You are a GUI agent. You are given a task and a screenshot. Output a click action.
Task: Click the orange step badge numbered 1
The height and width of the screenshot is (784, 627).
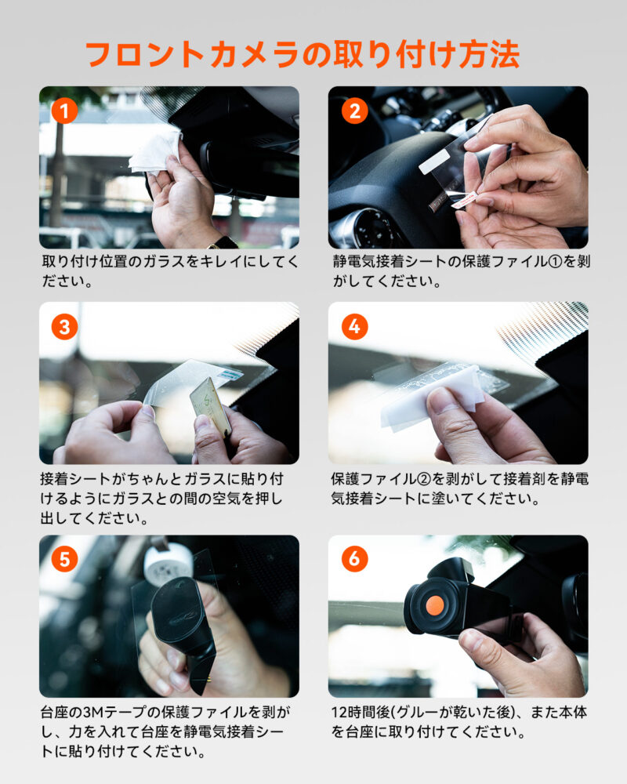pos(64,111)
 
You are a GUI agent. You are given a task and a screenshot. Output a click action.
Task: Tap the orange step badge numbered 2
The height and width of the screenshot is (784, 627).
pos(354,111)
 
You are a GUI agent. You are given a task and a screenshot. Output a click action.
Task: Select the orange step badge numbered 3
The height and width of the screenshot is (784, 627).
pos(64,327)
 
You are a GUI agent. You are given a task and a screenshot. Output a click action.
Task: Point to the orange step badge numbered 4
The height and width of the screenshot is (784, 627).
pos(354,326)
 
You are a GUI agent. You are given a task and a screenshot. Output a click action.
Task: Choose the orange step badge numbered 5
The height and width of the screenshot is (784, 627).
pos(64,559)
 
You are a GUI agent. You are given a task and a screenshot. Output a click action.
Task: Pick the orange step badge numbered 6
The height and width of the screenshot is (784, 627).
pos(354,558)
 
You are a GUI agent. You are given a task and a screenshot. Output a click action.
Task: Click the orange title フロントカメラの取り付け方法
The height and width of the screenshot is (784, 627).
pos(303,54)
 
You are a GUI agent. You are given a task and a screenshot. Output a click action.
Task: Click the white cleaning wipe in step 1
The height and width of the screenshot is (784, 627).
pos(155,151)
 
